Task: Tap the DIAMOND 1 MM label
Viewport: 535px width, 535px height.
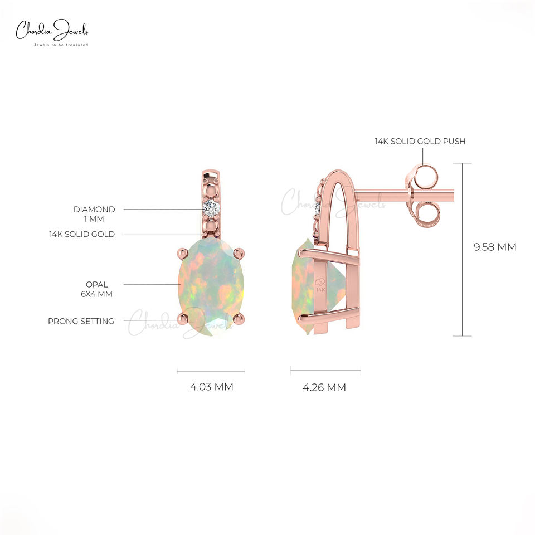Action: [x=94, y=214]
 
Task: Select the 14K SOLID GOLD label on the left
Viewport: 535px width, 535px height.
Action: [x=82, y=234]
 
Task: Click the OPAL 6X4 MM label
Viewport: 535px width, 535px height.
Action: [x=97, y=289]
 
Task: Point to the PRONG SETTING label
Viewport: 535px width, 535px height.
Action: [x=81, y=321]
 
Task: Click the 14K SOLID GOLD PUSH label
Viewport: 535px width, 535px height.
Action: [x=420, y=141]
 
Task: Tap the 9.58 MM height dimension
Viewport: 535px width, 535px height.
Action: [x=495, y=247]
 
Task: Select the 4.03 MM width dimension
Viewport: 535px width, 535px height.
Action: [x=212, y=387]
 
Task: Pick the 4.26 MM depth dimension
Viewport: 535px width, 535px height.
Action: [x=324, y=387]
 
